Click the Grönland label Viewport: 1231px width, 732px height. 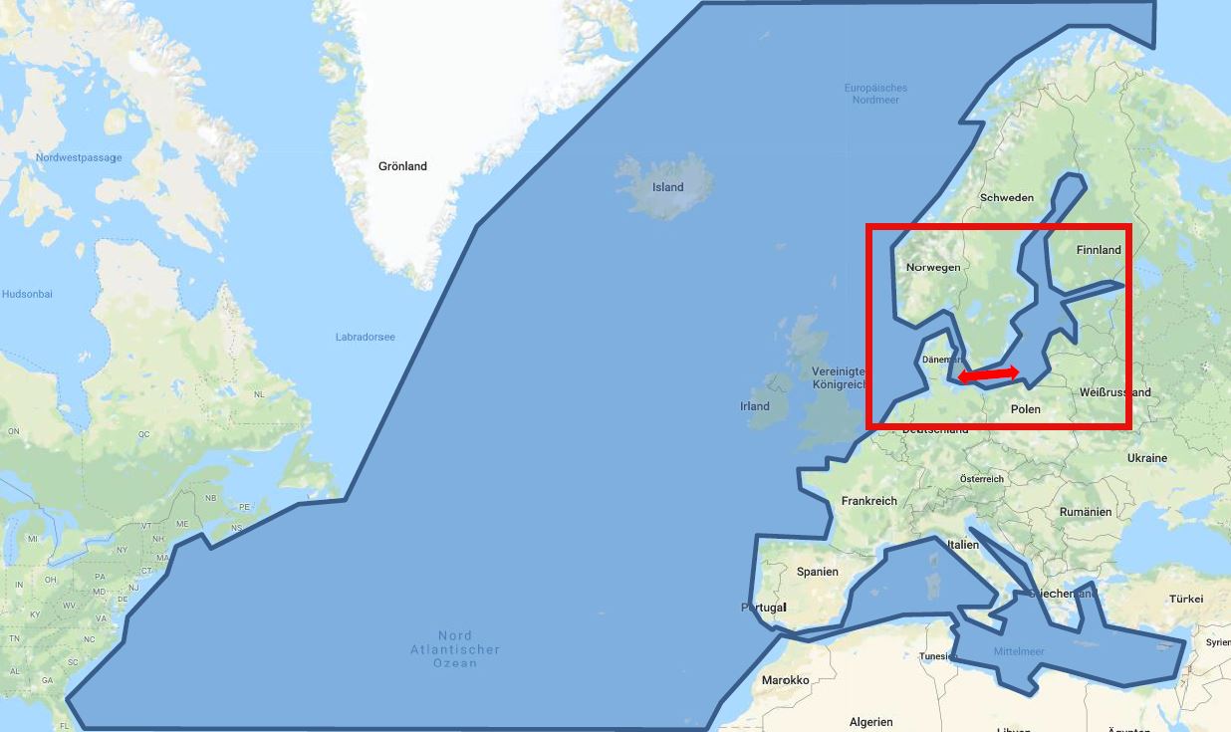tap(402, 166)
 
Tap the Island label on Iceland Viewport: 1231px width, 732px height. tap(667, 187)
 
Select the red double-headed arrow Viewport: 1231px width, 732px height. tap(989, 374)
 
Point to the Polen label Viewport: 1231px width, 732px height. tap(1025, 409)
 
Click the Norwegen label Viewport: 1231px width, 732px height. tap(933, 267)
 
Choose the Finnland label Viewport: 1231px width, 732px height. tap(1099, 250)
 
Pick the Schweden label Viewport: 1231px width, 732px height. tap(1007, 197)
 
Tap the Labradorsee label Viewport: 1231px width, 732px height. tap(365, 337)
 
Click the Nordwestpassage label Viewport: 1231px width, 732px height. tap(79, 157)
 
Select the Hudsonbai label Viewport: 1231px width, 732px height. tap(27, 294)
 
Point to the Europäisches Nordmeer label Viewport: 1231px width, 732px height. tap(876, 94)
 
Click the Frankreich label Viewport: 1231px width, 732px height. tap(868, 501)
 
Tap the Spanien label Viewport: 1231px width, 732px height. tap(818, 572)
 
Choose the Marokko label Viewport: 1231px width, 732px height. tap(785, 680)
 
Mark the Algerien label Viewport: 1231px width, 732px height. tap(871, 722)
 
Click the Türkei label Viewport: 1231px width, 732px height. tap(1186, 599)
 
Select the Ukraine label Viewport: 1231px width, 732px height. tap(1146, 458)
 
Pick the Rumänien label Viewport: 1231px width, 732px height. tap(1086, 512)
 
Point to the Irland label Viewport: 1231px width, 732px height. tap(755, 406)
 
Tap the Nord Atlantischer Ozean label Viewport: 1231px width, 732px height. tap(455, 649)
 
